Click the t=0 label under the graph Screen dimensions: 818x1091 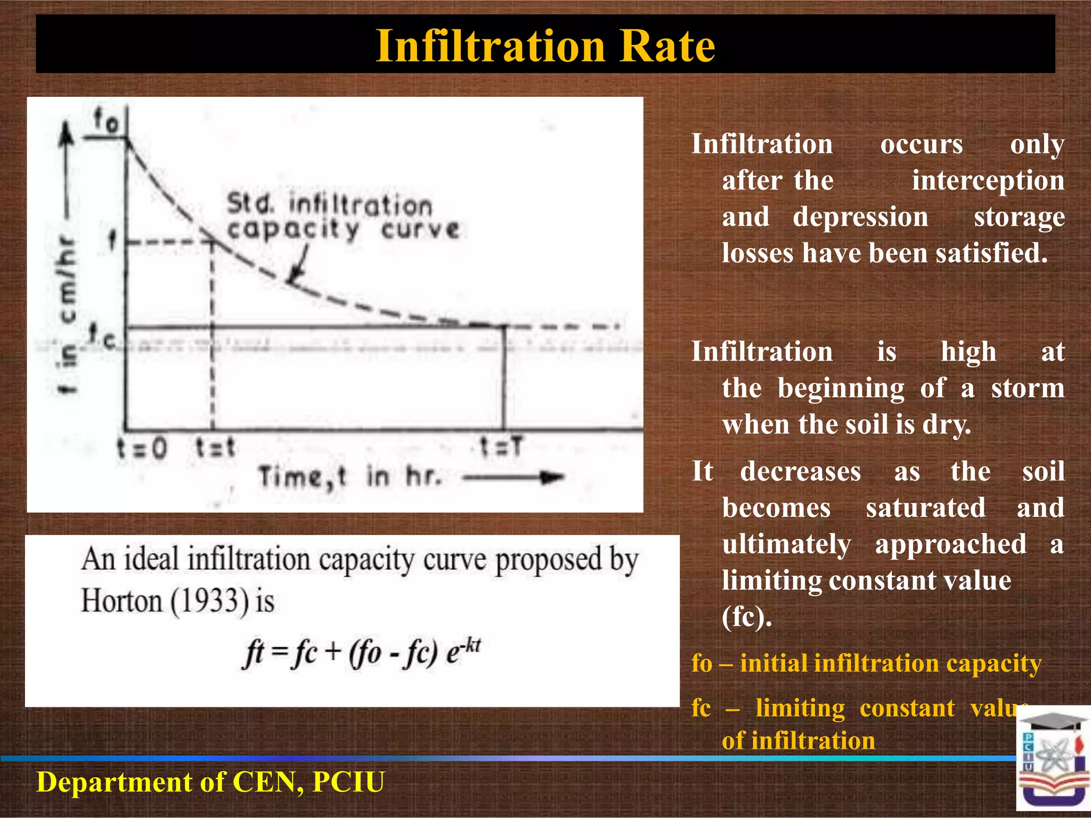(x=142, y=448)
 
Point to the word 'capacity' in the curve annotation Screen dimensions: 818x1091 (x=293, y=230)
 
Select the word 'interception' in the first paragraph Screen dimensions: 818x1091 (x=988, y=181)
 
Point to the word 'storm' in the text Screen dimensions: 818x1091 (x=1028, y=388)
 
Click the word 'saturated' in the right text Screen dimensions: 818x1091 (x=925, y=508)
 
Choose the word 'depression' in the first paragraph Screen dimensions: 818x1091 (x=860, y=217)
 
